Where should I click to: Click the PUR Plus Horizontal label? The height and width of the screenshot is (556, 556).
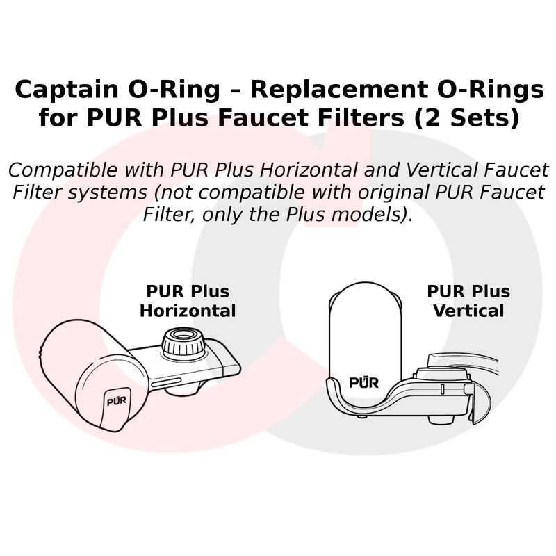[x=188, y=300]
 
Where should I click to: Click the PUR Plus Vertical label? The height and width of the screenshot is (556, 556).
[x=468, y=300]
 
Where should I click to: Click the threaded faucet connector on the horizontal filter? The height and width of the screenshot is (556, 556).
[x=184, y=343]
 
